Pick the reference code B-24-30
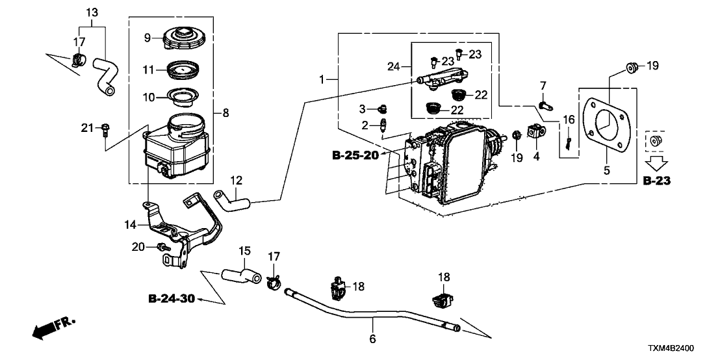(171, 299)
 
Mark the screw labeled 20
(161, 248)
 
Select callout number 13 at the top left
(92, 12)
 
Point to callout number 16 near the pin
(569, 120)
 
